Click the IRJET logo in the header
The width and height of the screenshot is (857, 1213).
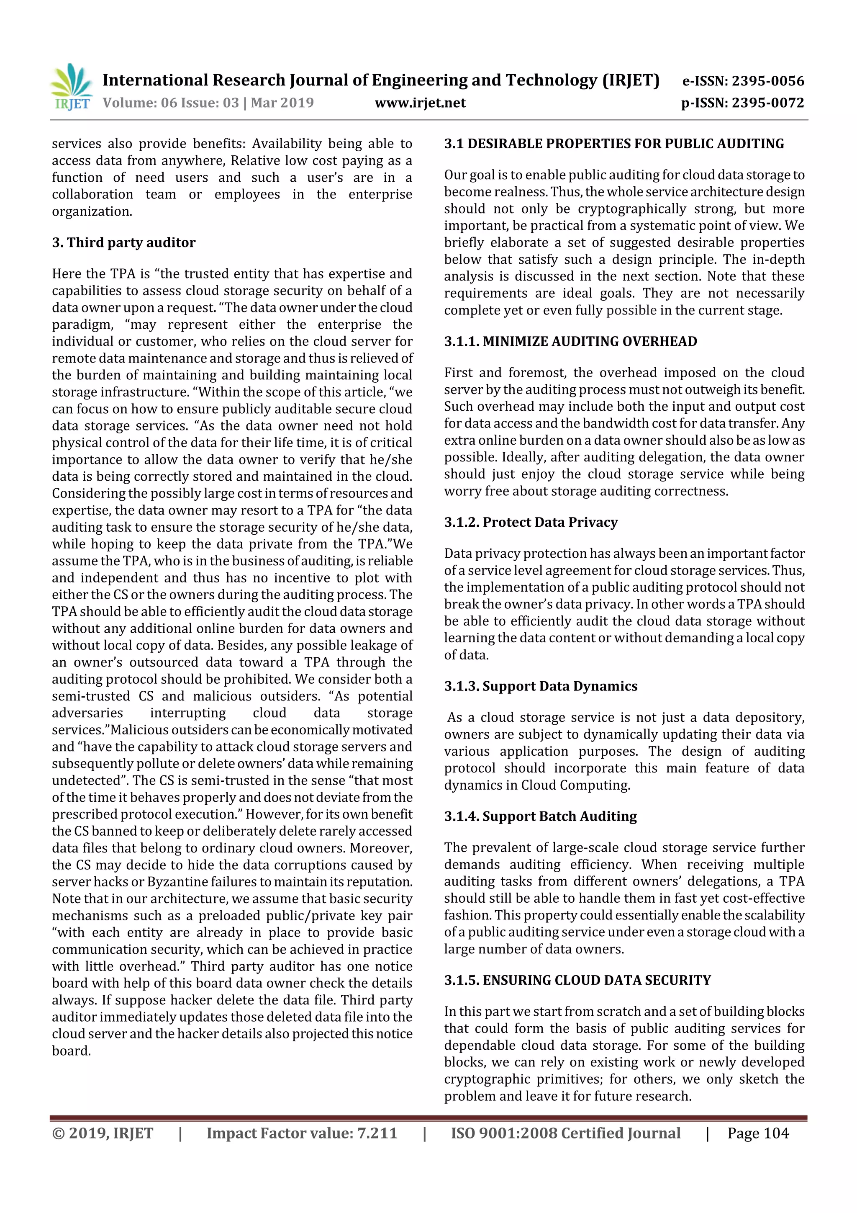[71, 87]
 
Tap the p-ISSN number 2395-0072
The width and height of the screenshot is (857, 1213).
[768, 103]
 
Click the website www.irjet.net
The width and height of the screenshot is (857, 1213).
[420, 103]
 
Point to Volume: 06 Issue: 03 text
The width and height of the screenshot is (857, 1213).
[171, 103]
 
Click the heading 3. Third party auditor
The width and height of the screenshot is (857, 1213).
[123, 242]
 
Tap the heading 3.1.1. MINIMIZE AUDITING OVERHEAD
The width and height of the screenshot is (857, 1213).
[570, 341]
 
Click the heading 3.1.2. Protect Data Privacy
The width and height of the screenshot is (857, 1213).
[531, 522]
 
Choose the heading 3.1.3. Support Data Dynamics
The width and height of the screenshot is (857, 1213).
[541, 686]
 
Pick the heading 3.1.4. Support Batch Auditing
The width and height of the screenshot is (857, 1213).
[540, 816]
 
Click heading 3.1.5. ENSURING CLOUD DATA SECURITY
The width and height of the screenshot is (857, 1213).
[577, 980]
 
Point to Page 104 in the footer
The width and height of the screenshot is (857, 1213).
[758, 1133]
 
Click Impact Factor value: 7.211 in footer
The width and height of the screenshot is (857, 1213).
[302, 1133]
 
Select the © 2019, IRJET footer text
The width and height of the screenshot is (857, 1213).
[103, 1133]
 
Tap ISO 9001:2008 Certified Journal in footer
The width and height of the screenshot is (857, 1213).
[565, 1133]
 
